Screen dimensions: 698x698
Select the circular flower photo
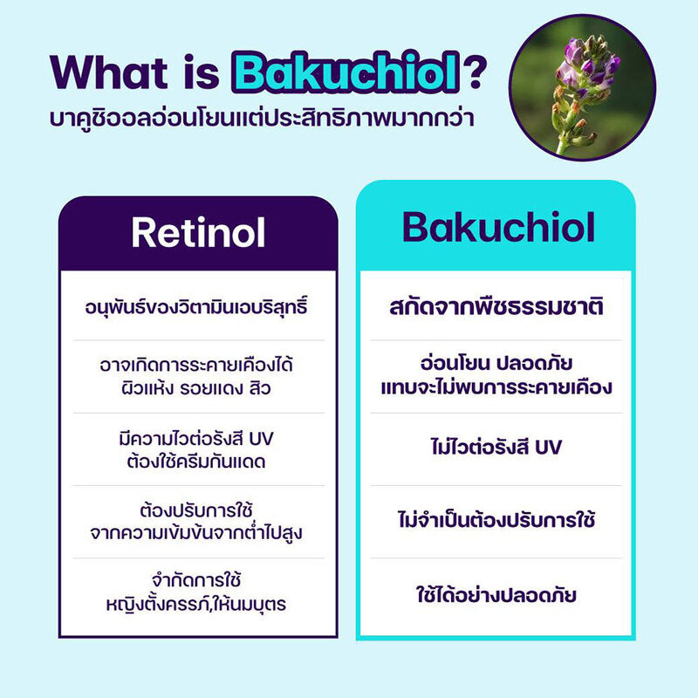pos(582,88)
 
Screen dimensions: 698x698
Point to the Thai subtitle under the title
pos(262,118)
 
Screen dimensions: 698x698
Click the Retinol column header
pos(198,233)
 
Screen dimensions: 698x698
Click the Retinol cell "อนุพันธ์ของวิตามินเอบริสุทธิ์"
pos(198,307)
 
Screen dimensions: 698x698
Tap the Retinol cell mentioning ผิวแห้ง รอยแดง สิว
pos(198,375)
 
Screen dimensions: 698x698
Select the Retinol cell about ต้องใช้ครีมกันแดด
pos(198,448)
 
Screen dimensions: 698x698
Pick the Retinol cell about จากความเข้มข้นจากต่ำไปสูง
pos(198,521)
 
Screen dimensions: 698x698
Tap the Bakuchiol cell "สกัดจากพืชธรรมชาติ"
pos(497,308)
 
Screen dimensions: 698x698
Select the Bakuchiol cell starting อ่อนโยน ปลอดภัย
pos(497,375)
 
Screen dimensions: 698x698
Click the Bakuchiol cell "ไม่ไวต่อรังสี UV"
pos(497,448)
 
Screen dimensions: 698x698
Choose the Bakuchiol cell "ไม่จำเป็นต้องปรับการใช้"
pos(497,521)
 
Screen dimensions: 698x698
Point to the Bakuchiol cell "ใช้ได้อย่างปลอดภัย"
pos(497,597)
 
